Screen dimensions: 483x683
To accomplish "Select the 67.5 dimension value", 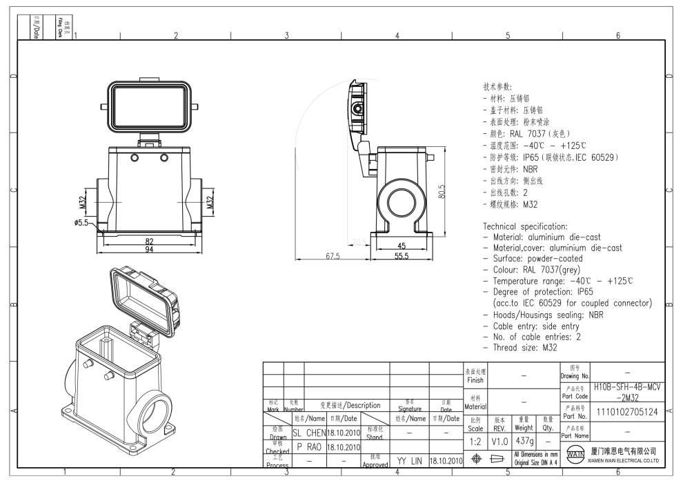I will (x=333, y=256).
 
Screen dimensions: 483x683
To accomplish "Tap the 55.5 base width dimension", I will (x=402, y=256).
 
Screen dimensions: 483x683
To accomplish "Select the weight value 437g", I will (x=523, y=440).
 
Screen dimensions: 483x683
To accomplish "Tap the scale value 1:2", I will (x=474, y=440).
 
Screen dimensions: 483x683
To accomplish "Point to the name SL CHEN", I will (x=308, y=433).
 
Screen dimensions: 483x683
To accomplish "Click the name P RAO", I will (x=308, y=446).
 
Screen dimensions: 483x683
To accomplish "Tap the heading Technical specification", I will (x=525, y=226).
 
